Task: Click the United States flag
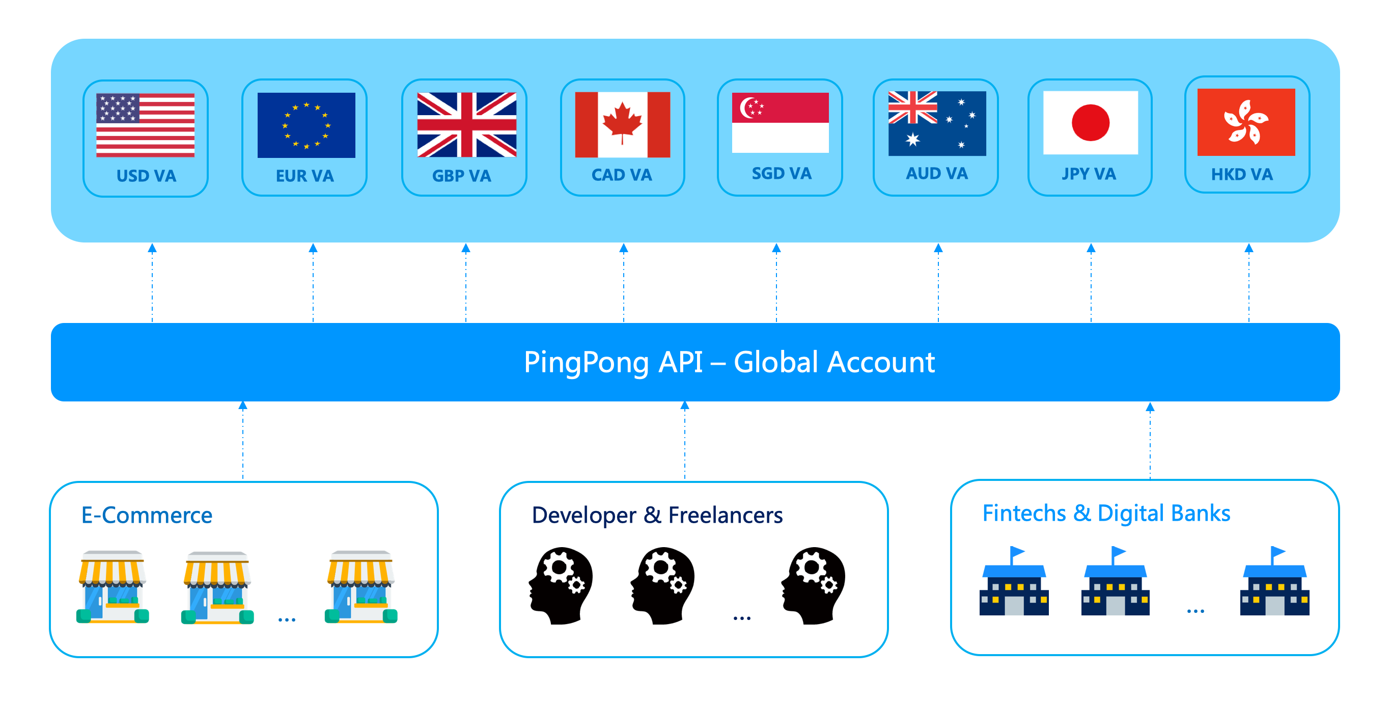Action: (x=145, y=125)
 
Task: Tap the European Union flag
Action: (x=306, y=125)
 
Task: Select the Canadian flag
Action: (x=622, y=125)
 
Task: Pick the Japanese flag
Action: (x=1090, y=123)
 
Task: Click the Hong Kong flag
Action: (x=1245, y=123)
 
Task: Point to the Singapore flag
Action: (x=780, y=123)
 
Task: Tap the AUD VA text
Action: (x=936, y=173)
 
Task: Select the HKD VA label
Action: (x=1241, y=174)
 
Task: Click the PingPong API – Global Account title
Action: (x=729, y=362)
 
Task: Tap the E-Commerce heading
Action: (x=147, y=515)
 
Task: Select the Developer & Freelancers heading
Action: (x=657, y=515)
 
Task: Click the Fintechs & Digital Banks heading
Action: (x=1106, y=513)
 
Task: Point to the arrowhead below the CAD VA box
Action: (x=623, y=249)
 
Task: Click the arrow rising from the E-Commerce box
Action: (x=243, y=440)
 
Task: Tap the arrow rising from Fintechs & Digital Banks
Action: (x=1150, y=440)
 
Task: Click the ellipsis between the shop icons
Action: (x=287, y=619)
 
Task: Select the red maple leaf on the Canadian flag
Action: (x=622, y=121)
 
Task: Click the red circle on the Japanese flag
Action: (x=1090, y=123)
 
